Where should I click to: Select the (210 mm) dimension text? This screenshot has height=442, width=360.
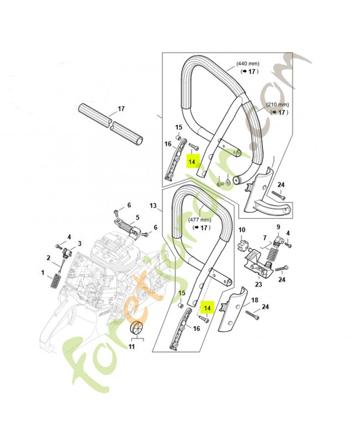point(278,104)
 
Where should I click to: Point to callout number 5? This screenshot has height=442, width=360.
point(137,217)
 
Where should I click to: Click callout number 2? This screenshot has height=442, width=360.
point(48,257)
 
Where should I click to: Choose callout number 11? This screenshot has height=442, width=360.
point(132,346)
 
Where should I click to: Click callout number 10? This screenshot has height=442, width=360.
point(241,230)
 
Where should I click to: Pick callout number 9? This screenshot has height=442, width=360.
point(278,227)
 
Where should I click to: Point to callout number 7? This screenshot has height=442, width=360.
point(264,238)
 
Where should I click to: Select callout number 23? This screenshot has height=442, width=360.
point(258,285)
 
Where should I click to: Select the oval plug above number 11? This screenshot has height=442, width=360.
point(137,328)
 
